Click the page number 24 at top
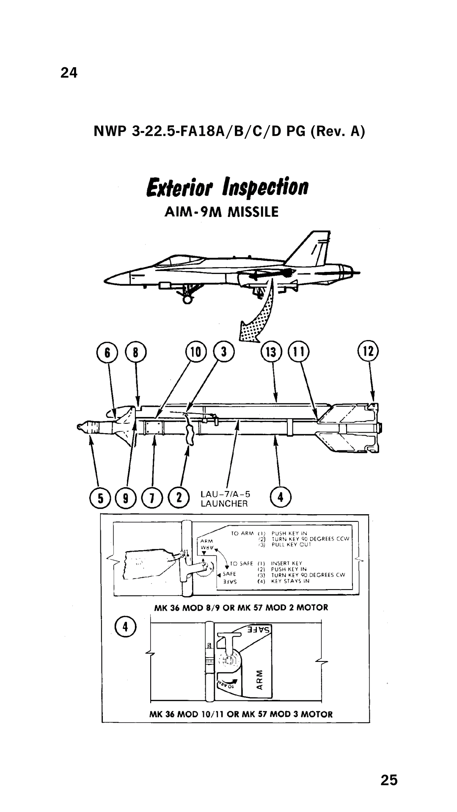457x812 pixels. (69, 73)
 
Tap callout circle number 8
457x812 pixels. (136, 352)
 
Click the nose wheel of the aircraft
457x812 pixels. (187, 299)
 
